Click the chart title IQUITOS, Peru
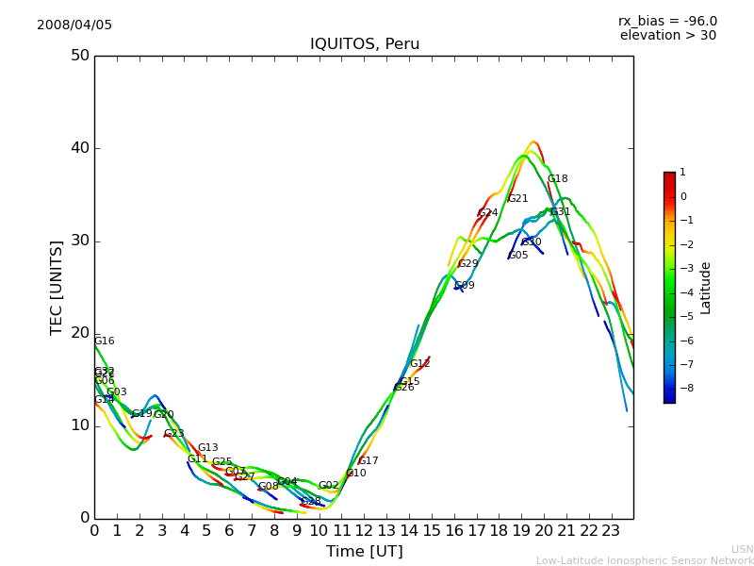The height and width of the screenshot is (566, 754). click(365, 44)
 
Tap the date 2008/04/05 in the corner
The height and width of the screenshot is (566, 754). click(74, 25)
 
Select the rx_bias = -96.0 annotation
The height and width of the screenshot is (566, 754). click(667, 21)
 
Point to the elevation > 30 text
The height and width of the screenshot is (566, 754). click(667, 36)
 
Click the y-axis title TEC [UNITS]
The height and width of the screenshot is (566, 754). click(57, 287)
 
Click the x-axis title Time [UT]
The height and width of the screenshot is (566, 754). click(364, 552)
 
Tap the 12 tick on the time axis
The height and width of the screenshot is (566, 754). click(364, 530)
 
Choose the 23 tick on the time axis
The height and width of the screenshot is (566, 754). click(611, 530)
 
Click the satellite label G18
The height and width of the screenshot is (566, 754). click(557, 179)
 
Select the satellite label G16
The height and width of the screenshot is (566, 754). click(104, 341)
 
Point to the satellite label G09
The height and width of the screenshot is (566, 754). click(464, 285)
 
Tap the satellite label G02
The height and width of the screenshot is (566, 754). click(328, 486)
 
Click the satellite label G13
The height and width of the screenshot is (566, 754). click(207, 448)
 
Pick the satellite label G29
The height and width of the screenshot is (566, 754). click(467, 264)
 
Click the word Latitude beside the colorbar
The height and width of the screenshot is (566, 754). click(706, 288)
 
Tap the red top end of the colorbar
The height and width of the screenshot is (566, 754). click(669, 176)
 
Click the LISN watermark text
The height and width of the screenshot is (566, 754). click(742, 549)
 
